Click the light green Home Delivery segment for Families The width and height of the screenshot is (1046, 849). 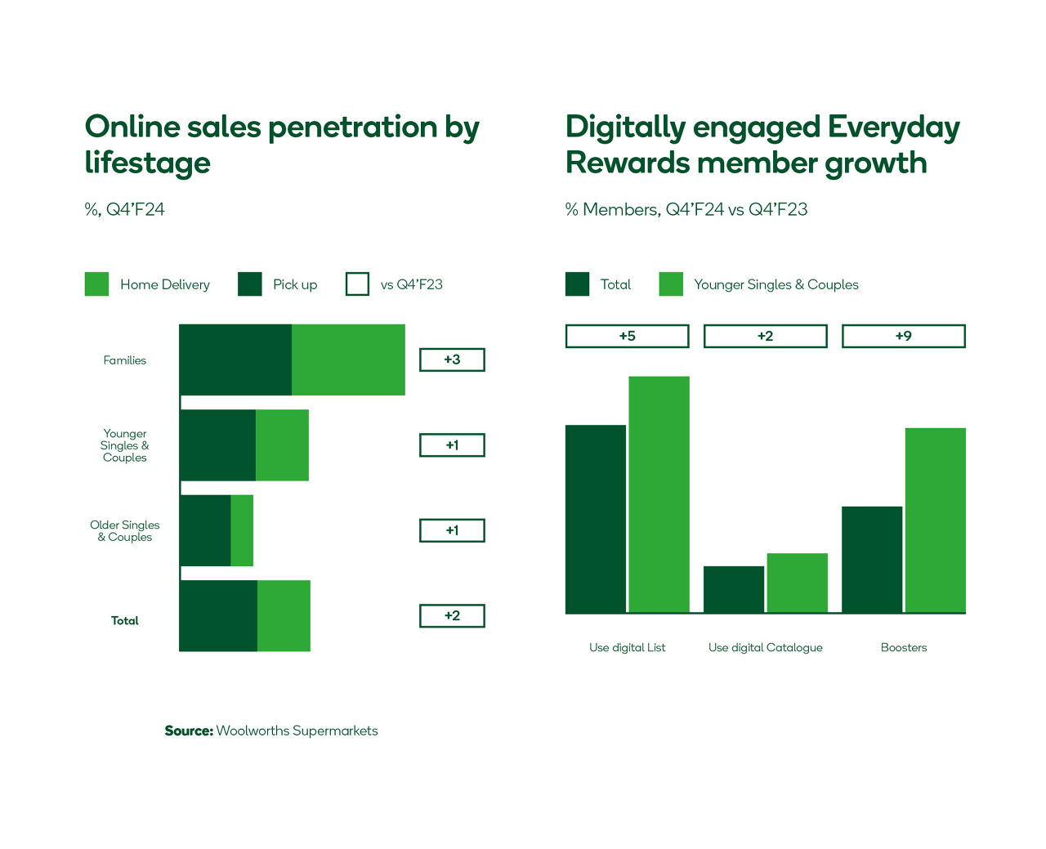tap(348, 360)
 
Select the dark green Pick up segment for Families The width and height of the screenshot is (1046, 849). tap(235, 360)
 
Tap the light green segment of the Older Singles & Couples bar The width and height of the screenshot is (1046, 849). tap(242, 530)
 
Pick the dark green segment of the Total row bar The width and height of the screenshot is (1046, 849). tap(218, 616)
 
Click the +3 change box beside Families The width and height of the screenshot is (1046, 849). tap(452, 360)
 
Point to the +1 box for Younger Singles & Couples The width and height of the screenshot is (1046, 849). tap(452, 445)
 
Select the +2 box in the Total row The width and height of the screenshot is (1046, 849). tap(452, 616)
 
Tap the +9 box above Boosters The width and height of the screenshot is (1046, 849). tap(903, 336)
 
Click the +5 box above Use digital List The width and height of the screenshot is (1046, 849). tap(627, 336)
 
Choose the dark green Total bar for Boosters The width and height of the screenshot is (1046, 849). tap(872, 560)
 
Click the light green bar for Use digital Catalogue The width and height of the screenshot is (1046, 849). tap(797, 583)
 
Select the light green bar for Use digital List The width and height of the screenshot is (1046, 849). tap(659, 494)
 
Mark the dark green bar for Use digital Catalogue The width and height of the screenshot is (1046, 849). tap(734, 589)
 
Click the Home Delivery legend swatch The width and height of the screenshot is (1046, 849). tap(96, 284)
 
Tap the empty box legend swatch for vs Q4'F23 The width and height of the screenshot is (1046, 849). tap(357, 284)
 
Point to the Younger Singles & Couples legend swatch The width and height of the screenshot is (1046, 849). tap(671, 284)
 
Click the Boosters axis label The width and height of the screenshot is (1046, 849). tap(903, 647)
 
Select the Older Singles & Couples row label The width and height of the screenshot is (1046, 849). tap(125, 531)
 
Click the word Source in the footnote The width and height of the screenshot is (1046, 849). tap(189, 731)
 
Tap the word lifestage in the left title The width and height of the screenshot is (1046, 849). tap(148, 163)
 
